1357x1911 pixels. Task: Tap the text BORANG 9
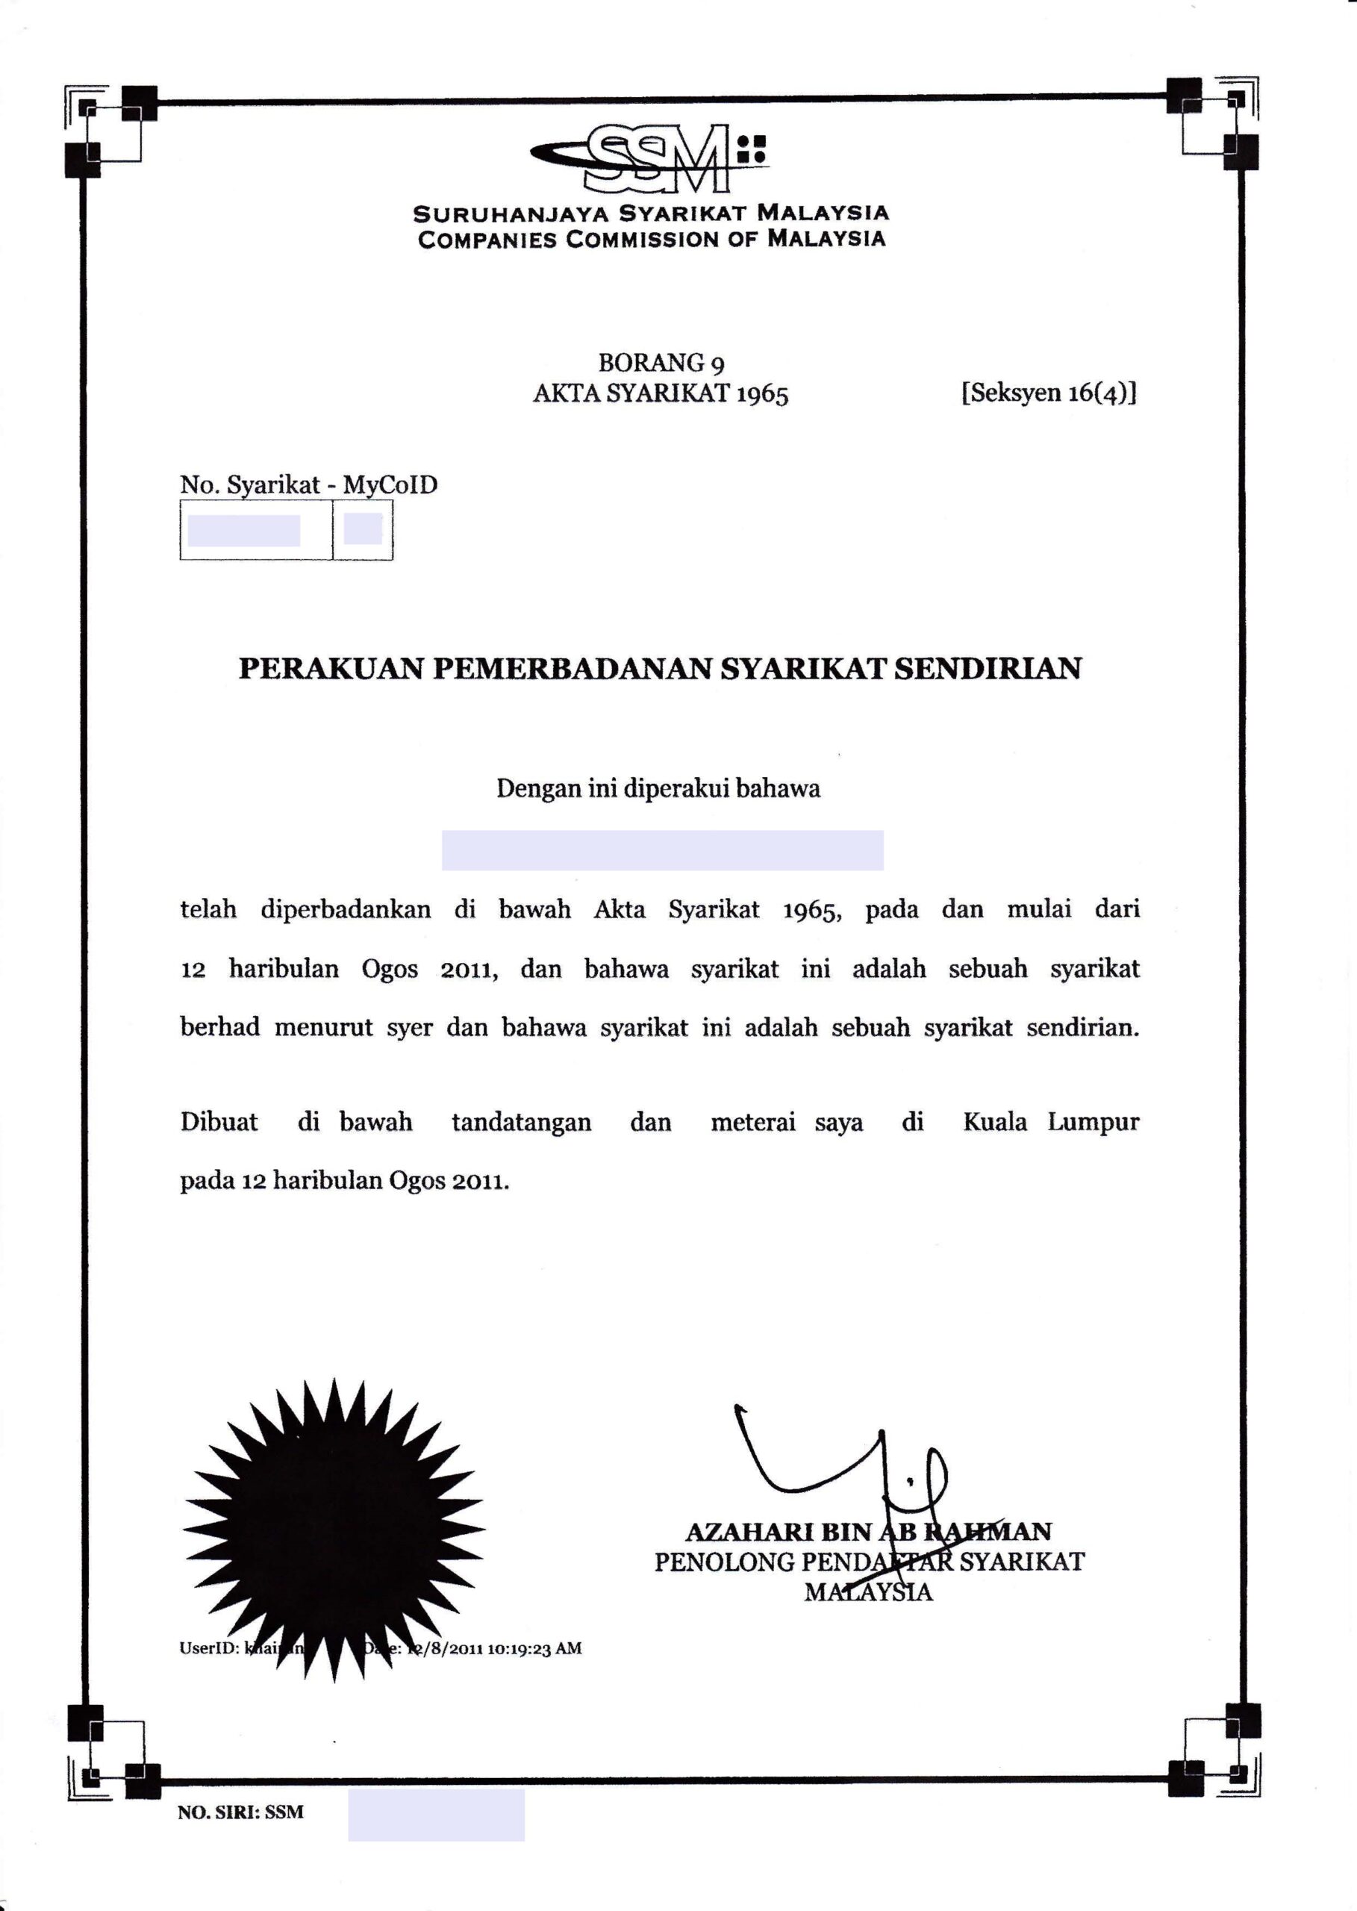[661, 363]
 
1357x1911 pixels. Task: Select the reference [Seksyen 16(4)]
[1049, 392]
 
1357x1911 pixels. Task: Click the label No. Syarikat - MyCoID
[308, 484]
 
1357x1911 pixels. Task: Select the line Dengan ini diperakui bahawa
[658, 788]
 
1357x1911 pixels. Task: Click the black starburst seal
[334, 1528]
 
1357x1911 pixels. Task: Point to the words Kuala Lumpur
[1051, 1121]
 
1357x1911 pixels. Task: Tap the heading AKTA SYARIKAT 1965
[660, 393]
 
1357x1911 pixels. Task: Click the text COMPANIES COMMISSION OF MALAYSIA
[652, 239]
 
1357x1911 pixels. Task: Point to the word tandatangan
[522, 1122]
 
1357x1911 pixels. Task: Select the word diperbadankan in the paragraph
[346, 909]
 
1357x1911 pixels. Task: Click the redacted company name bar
[662, 849]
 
